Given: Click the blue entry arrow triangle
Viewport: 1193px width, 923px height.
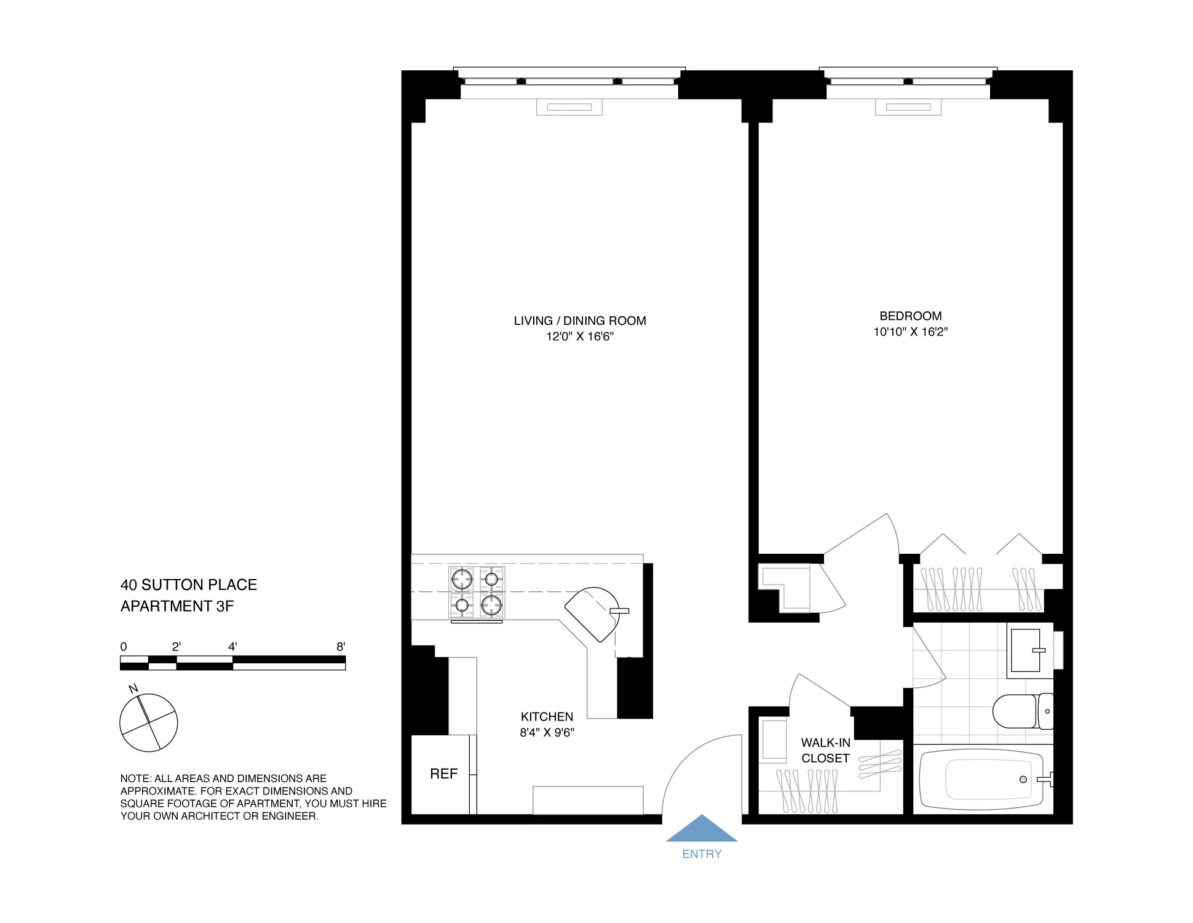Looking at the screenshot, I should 702,830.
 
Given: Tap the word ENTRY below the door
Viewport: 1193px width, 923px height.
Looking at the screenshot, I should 702,854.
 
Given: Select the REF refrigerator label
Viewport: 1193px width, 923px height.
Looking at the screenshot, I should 443,773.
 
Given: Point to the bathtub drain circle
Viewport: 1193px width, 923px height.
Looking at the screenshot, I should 1023,779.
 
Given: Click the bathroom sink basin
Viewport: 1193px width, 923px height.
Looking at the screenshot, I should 1026,650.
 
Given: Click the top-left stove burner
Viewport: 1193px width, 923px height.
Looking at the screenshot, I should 462,579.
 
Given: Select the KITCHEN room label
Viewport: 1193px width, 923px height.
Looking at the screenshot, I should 547,717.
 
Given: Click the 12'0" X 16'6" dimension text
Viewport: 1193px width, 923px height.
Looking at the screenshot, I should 580,337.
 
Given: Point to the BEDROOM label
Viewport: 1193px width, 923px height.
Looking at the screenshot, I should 910,316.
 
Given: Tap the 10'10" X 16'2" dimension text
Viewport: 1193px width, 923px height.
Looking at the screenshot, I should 910,332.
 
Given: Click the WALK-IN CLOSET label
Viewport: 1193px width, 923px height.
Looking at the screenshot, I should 825,751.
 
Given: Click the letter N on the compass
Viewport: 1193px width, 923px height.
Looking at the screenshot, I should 133,689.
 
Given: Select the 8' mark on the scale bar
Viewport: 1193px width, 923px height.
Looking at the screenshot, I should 341,647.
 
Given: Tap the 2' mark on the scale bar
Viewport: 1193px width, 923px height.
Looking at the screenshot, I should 176,647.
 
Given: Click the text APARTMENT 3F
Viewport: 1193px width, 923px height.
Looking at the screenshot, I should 177,606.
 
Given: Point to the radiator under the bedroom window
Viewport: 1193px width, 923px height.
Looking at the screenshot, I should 908,107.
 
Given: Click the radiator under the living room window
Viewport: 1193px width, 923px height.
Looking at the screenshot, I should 569,107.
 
